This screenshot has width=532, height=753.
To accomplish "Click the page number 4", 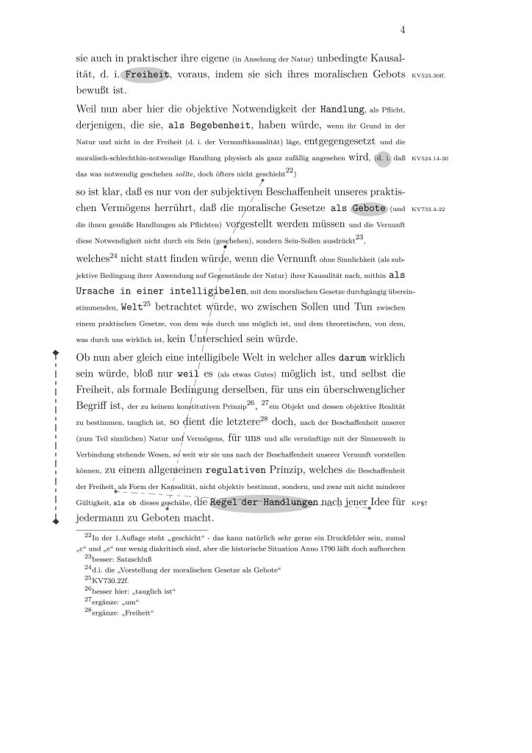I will tap(403, 30).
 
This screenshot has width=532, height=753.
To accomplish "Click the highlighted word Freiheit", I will tap(147, 74).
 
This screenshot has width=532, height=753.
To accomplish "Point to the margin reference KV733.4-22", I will tap(431, 209).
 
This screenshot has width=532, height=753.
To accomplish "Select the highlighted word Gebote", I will tap(368, 207).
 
